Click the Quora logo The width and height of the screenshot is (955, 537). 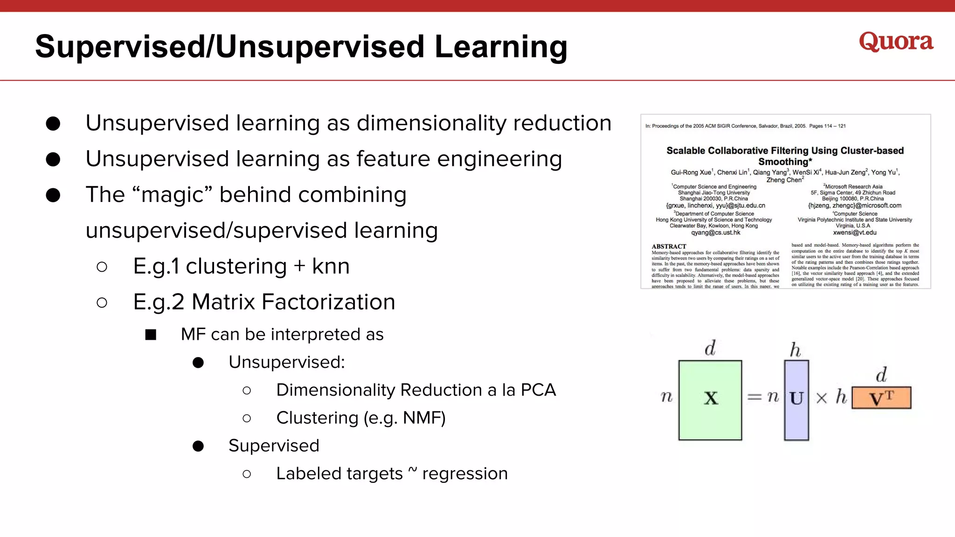[896, 42]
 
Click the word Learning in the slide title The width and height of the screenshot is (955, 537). [501, 48]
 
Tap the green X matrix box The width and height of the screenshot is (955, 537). [710, 399]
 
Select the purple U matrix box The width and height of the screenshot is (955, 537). [796, 399]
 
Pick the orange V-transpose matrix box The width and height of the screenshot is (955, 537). [881, 398]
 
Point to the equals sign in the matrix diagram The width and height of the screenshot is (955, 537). [754, 397]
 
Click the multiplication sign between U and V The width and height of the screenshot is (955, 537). [822, 398]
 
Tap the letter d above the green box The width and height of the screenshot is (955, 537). [710, 348]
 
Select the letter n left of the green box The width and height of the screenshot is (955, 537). [667, 397]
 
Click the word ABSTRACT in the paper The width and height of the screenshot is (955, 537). [669, 247]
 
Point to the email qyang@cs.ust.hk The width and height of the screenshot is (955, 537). [715, 233]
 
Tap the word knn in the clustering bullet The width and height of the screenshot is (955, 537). [331, 267]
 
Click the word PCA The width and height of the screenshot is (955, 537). [538, 390]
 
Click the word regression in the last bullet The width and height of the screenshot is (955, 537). [464, 474]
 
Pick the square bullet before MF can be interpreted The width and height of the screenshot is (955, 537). [151, 335]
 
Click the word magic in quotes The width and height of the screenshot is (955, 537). [173, 195]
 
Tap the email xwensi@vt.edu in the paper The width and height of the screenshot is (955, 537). [855, 233]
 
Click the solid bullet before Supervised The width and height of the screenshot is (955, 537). [198, 446]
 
